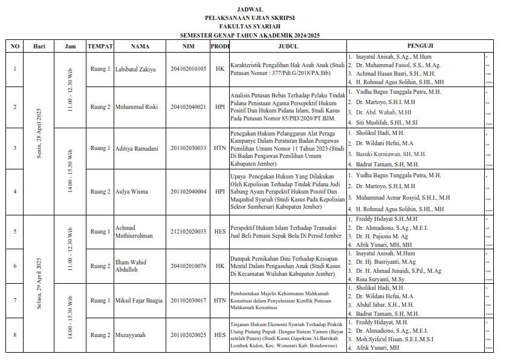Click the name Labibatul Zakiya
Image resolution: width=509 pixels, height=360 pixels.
[x=135, y=69]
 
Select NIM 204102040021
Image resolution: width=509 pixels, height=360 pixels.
[x=188, y=107]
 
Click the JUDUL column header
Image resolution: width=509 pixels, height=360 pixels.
[x=288, y=46]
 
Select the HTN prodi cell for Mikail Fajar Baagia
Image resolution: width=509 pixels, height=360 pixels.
[x=219, y=300]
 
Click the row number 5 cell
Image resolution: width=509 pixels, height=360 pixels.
[x=15, y=231]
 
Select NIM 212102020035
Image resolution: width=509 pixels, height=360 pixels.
[x=188, y=231]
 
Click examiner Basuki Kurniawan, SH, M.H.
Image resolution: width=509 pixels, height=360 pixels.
[x=391, y=154]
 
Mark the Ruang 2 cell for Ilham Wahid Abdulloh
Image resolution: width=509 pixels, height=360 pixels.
[x=100, y=266]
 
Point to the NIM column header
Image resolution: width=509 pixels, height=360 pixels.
[x=188, y=46]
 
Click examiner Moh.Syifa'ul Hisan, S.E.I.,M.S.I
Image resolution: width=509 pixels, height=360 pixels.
[x=394, y=340]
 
